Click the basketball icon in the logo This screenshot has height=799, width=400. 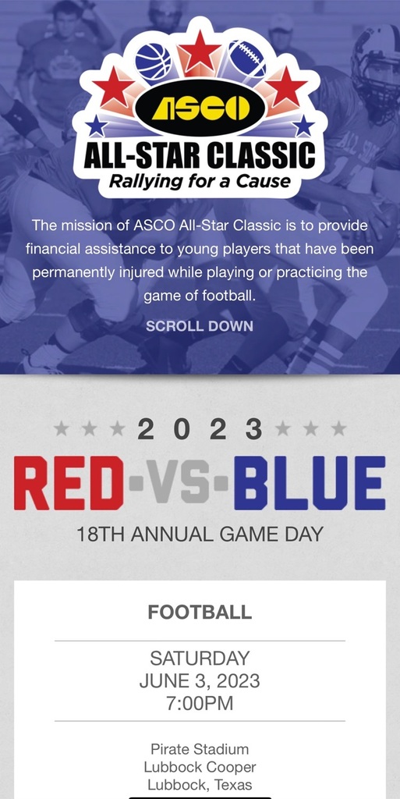pos(154,61)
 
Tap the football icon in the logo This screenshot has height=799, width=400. pos(247,59)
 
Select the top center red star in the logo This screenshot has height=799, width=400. pos(200,51)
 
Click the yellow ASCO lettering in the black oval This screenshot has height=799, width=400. pos(200,108)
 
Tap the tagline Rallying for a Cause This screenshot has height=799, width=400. pos(200,181)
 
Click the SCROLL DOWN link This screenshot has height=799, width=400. pos(200,326)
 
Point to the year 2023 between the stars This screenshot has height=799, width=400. pos(200,430)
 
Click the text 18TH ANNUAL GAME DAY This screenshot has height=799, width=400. pos(200,534)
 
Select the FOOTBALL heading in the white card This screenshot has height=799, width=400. pos(200,612)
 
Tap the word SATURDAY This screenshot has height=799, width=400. pos(200,659)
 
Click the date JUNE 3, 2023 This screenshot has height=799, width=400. pos(200,680)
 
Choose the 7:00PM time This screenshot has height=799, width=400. pos(200,703)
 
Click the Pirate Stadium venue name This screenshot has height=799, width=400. pos(200,749)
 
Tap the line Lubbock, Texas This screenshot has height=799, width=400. pos(200,785)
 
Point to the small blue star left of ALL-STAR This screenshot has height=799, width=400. pos(96,126)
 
